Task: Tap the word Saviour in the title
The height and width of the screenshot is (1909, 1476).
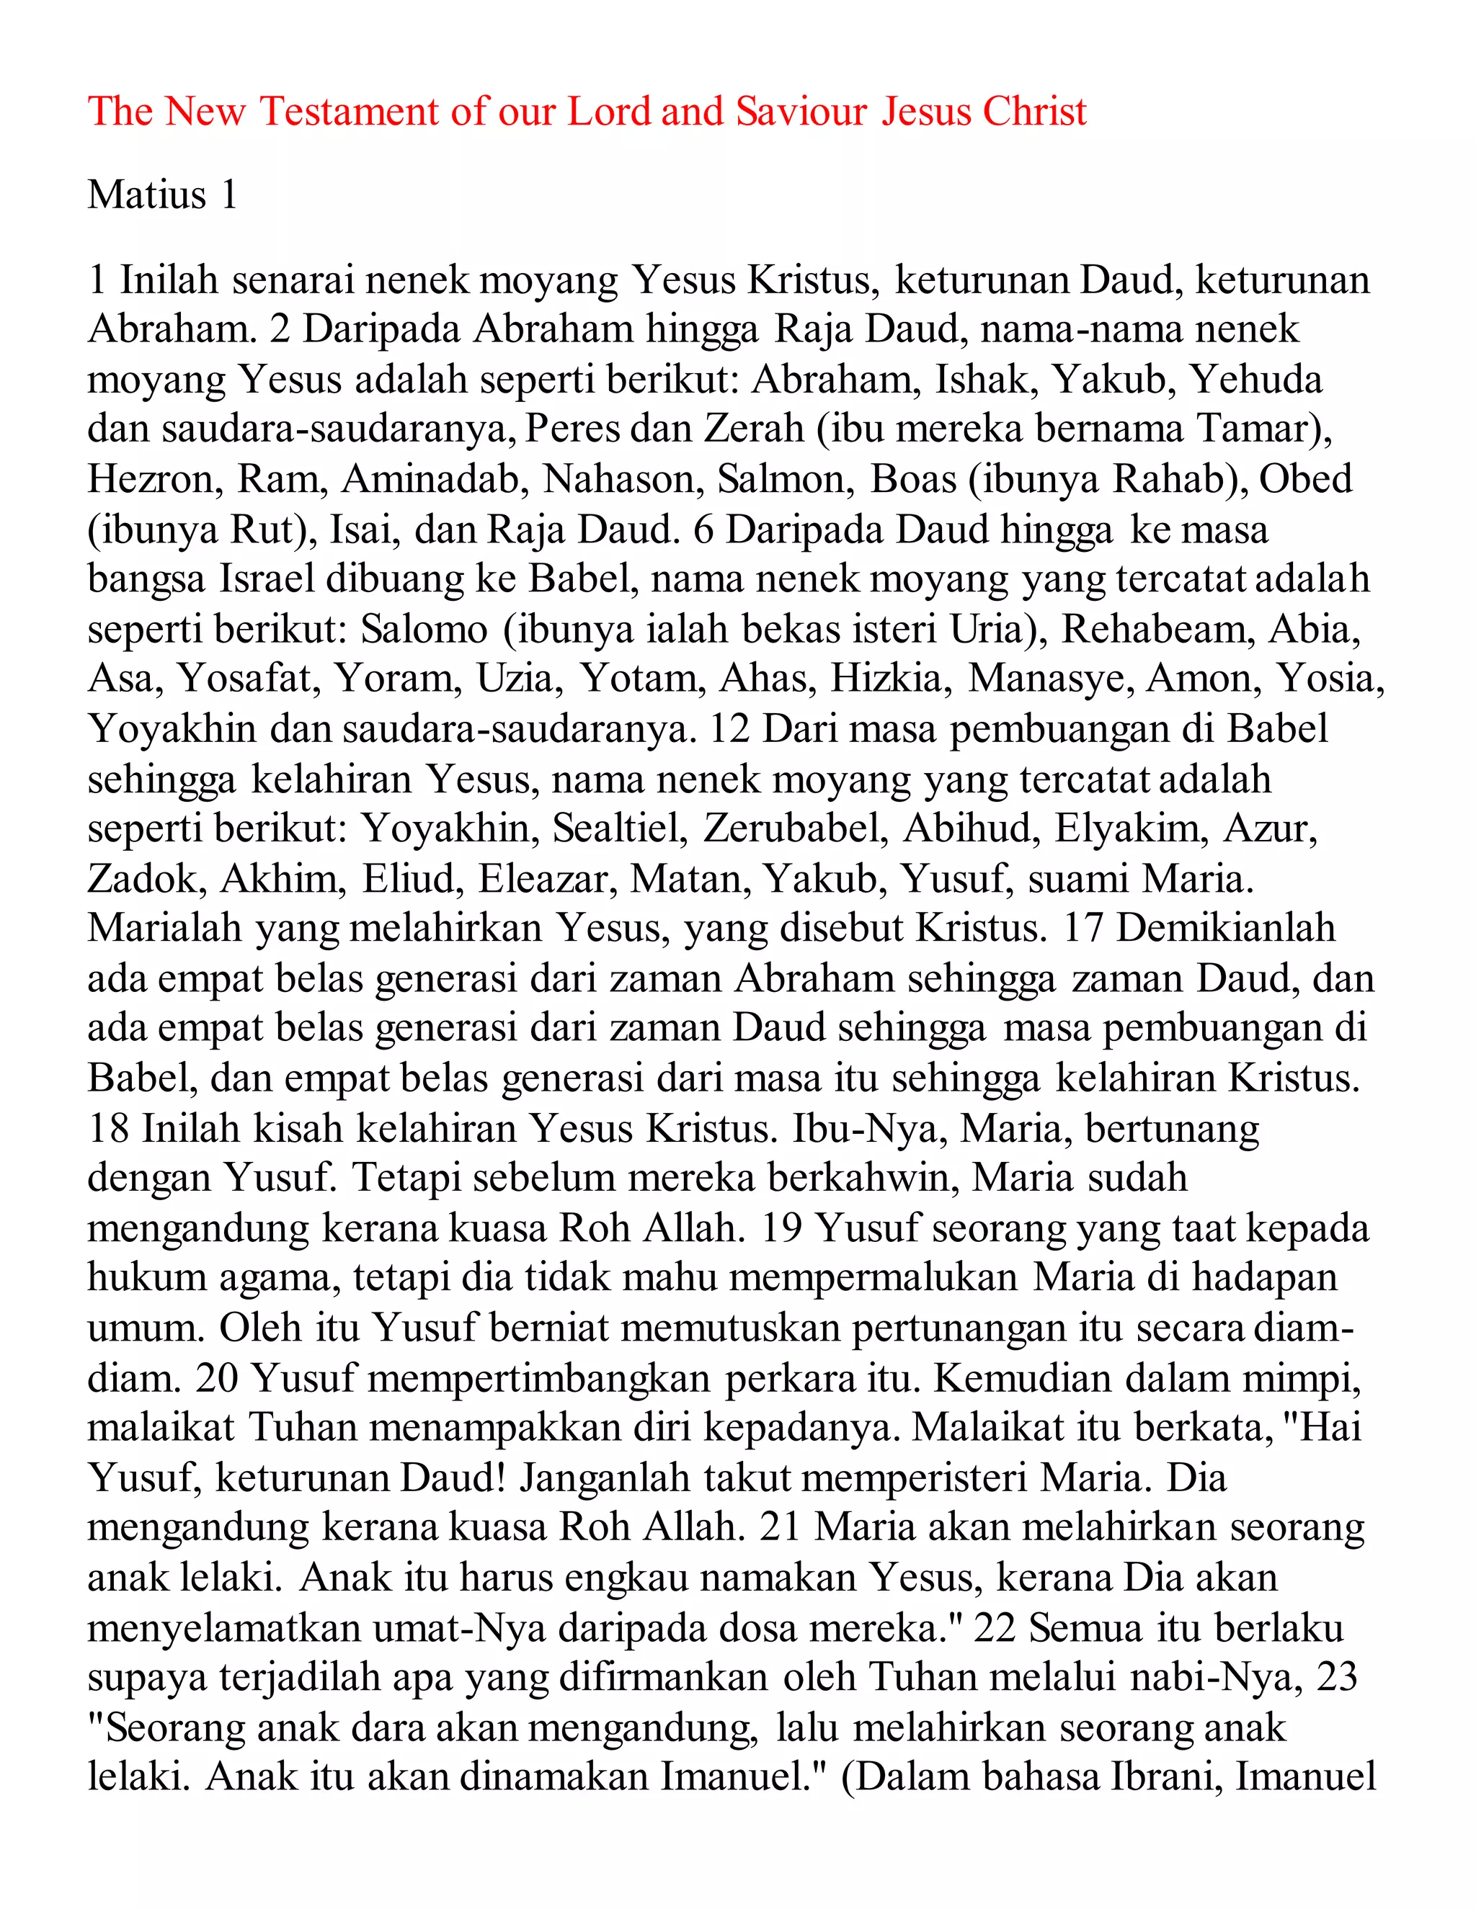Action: (802, 112)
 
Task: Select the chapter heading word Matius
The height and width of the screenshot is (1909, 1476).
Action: (147, 195)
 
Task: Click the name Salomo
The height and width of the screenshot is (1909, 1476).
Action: (424, 630)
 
